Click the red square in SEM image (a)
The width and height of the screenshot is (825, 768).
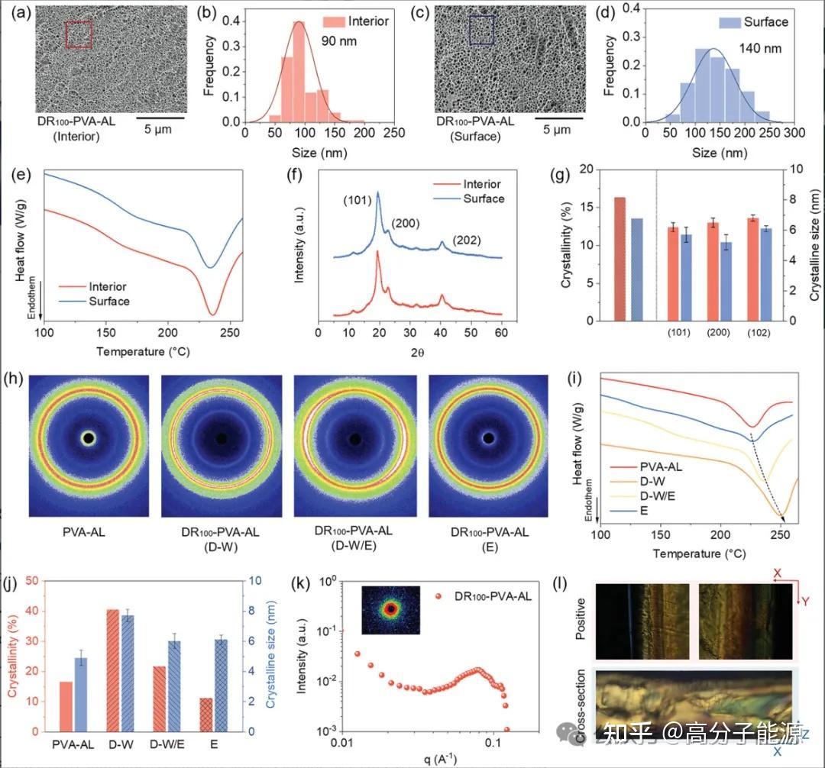click(x=79, y=34)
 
